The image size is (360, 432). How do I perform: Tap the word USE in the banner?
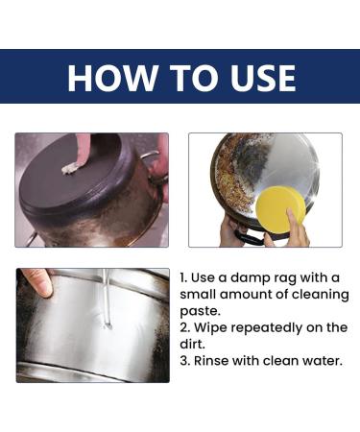[x=263, y=78]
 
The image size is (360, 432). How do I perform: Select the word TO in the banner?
[x=194, y=78]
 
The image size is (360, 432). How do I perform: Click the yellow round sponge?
[x=281, y=208]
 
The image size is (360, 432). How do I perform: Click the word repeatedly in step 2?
[x=266, y=328]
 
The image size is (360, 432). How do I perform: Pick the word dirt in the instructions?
[x=192, y=345]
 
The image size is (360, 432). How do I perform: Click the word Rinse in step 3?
[x=211, y=361]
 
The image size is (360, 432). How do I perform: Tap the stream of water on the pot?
[x=107, y=298]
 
